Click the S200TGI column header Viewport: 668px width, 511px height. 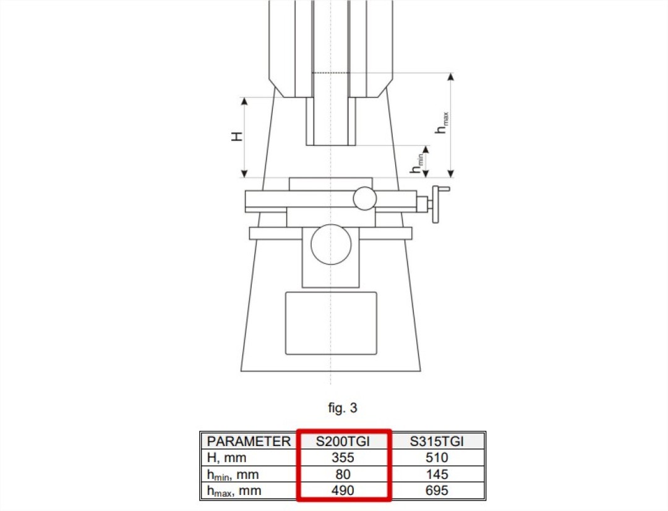coord(343,441)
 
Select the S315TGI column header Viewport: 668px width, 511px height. coord(437,441)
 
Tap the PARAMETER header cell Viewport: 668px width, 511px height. coord(249,441)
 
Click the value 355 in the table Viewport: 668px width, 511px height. coord(343,457)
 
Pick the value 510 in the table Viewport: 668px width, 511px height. coord(437,457)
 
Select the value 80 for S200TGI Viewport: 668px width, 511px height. coord(343,474)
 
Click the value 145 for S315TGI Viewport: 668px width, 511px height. coord(437,474)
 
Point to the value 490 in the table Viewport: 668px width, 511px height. coord(343,490)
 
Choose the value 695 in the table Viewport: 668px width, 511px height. coord(437,490)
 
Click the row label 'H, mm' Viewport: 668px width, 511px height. coord(226,458)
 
